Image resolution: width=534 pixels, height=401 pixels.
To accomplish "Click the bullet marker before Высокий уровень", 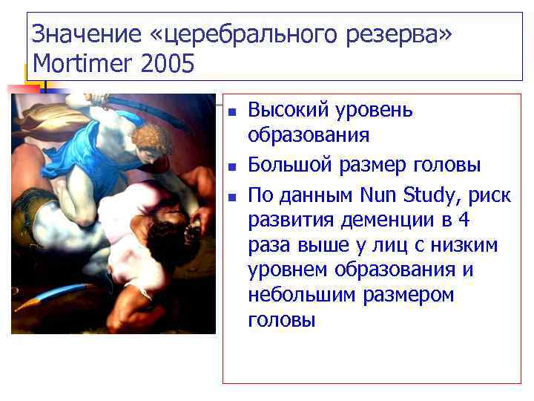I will (231, 113).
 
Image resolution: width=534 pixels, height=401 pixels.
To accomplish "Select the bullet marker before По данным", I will (231, 198).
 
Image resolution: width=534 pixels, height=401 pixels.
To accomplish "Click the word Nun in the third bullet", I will (378, 195).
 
